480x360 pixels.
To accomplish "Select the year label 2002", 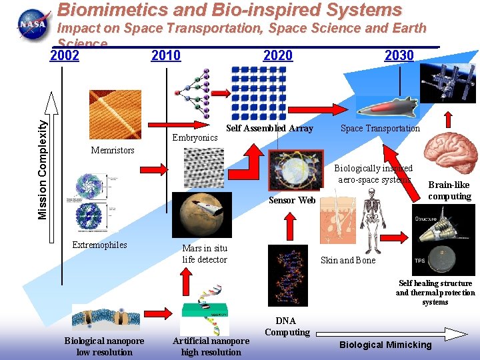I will (65, 55).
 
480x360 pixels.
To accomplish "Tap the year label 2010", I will (166, 55).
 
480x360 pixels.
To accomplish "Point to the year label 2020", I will (278, 55).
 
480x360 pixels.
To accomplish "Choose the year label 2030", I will (399, 55).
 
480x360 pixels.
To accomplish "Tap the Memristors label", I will (113, 150).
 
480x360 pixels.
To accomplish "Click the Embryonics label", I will (195, 137).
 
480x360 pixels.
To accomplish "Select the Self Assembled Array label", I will (269, 128).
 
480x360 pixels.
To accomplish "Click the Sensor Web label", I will (291, 200).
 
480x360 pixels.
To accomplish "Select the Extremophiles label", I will (99, 245).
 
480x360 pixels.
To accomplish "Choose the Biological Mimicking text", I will (385, 345).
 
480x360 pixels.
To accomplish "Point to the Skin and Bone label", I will (348, 260).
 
